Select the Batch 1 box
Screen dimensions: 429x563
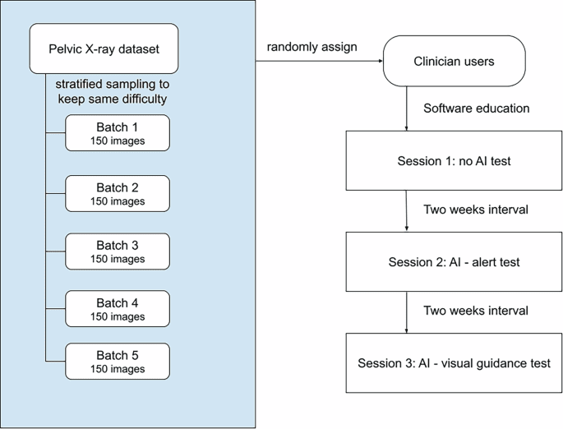118,132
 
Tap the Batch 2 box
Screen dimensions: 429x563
118,193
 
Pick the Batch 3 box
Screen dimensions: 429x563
118,251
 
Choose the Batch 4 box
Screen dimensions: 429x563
118,309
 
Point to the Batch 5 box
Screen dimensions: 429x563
118,362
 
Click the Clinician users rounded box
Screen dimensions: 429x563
454,61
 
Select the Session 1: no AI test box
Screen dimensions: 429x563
454,161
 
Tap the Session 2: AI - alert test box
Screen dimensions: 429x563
454,262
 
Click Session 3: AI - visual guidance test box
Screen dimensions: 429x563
454,362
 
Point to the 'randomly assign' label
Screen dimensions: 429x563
312,47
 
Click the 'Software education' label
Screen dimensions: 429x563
476,108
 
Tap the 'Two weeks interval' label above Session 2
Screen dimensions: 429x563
476,210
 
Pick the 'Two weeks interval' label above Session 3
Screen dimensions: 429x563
476,311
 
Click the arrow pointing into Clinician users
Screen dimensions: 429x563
321,61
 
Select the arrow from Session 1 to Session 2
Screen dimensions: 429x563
407,210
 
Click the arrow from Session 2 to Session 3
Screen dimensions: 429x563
407,311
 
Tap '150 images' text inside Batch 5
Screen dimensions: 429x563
118,369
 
